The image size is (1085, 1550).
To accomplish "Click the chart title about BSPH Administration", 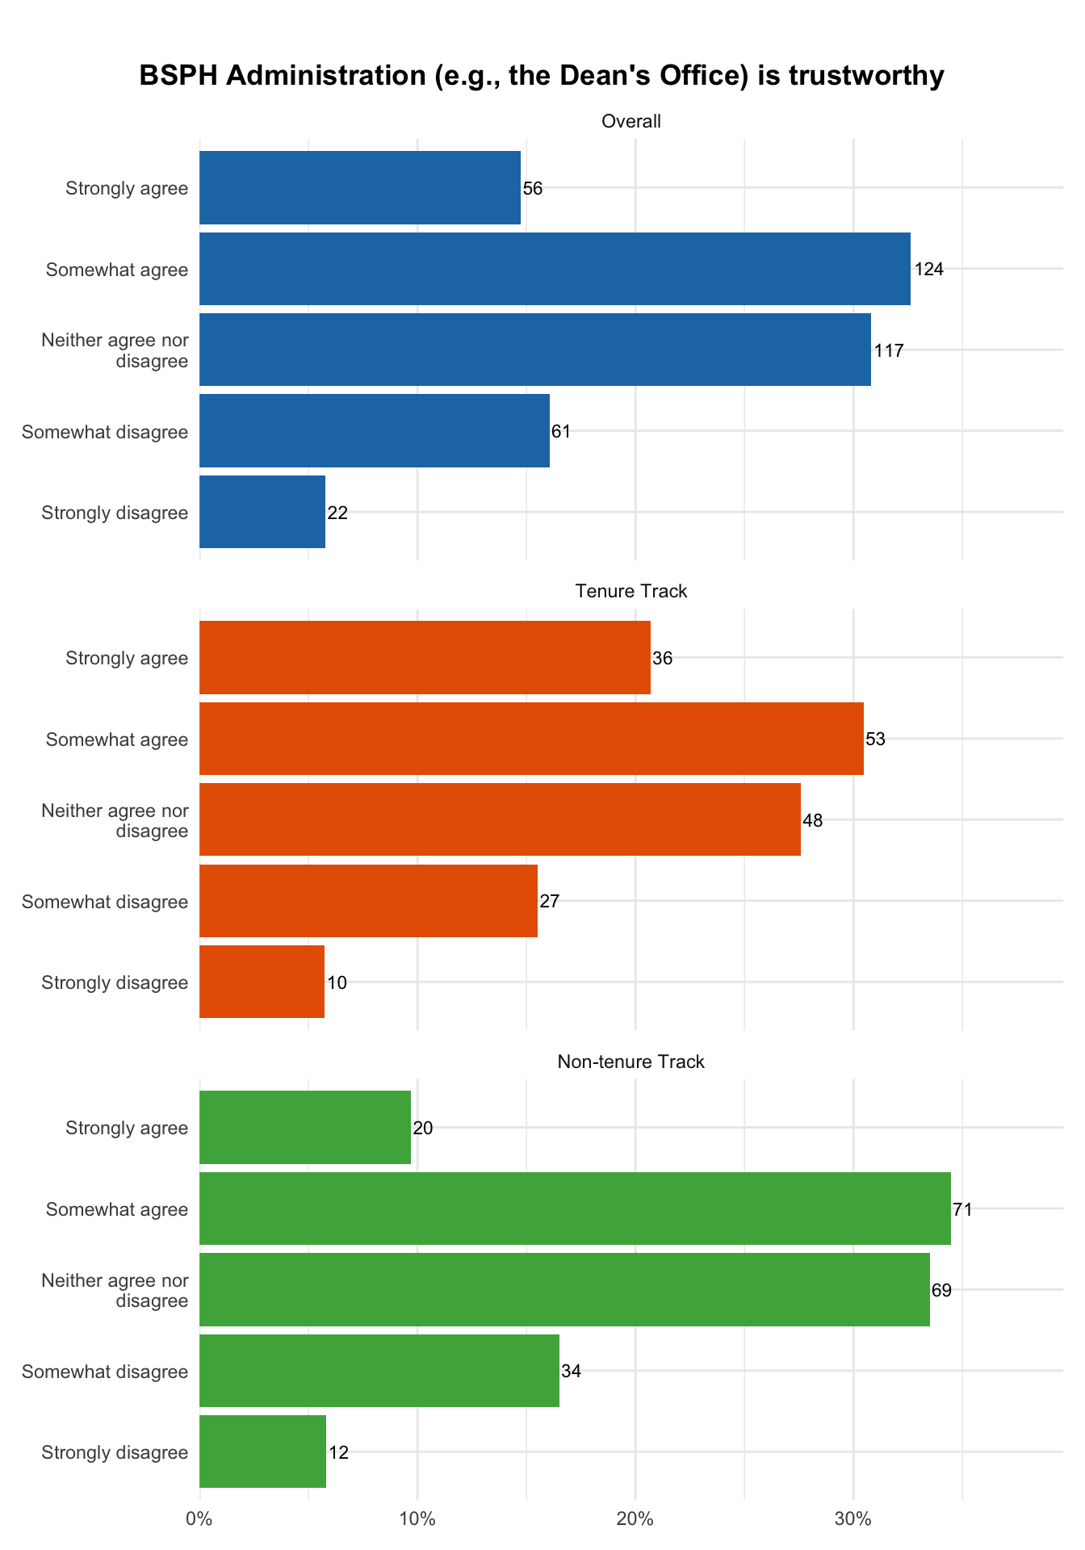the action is pyautogui.click(x=542, y=76).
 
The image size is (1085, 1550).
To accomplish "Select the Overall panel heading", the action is pyautogui.click(x=631, y=122).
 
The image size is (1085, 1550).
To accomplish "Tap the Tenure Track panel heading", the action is pyautogui.click(x=631, y=592).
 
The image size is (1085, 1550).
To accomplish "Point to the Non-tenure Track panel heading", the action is pyautogui.click(x=631, y=1062).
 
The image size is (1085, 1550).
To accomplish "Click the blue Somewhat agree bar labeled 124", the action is pyautogui.click(x=555, y=269).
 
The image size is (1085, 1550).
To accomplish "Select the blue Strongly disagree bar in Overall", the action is pyautogui.click(x=262, y=512).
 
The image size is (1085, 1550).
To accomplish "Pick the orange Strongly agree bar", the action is pyautogui.click(x=425, y=657).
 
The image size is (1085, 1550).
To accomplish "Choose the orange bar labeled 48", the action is pyautogui.click(x=500, y=819).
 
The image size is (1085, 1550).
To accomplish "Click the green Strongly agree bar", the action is pyautogui.click(x=305, y=1127).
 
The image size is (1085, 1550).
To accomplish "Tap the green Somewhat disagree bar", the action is pyautogui.click(x=379, y=1371).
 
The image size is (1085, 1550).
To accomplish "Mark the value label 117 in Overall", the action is pyautogui.click(x=889, y=350).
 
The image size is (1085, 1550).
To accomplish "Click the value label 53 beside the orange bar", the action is pyautogui.click(x=875, y=739).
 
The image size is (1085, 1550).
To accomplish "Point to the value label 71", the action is pyautogui.click(x=962, y=1209).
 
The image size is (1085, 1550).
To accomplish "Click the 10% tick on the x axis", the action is pyautogui.click(x=417, y=1519).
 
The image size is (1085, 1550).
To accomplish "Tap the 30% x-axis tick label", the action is pyautogui.click(x=853, y=1519).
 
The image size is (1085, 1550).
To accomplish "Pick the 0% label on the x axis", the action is pyautogui.click(x=199, y=1519).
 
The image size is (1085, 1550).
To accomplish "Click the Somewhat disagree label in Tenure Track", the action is pyautogui.click(x=105, y=902).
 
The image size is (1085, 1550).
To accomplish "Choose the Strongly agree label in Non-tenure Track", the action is pyautogui.click(x=127, y=1128).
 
